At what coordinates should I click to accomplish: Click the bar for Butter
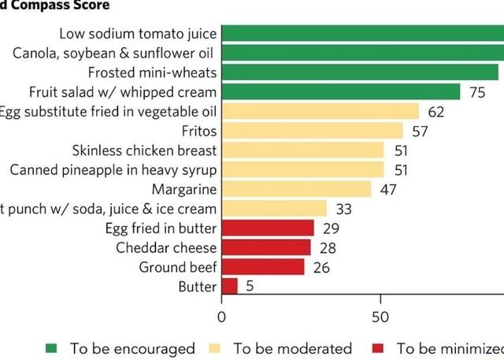[229, 286]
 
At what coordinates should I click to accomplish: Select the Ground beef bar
[263, 266]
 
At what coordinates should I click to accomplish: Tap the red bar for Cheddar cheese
[266, 247]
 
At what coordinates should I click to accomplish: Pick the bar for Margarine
[296, 189]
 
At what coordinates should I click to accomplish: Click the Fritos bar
[312, 131]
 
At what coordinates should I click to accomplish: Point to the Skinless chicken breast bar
[302, 150]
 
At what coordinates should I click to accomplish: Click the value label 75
[477, 92]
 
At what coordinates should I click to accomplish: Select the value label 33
[344, 209]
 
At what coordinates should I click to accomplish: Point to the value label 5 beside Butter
[250, 286]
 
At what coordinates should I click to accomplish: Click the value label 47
[388, 189]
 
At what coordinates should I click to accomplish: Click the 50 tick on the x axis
[380, 317]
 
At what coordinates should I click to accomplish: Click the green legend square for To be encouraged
[51, 348]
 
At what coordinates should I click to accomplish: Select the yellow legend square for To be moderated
[214, 348]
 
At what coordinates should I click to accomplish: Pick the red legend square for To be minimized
[378, 348]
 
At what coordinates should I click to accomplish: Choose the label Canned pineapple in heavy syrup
[113, 169]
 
